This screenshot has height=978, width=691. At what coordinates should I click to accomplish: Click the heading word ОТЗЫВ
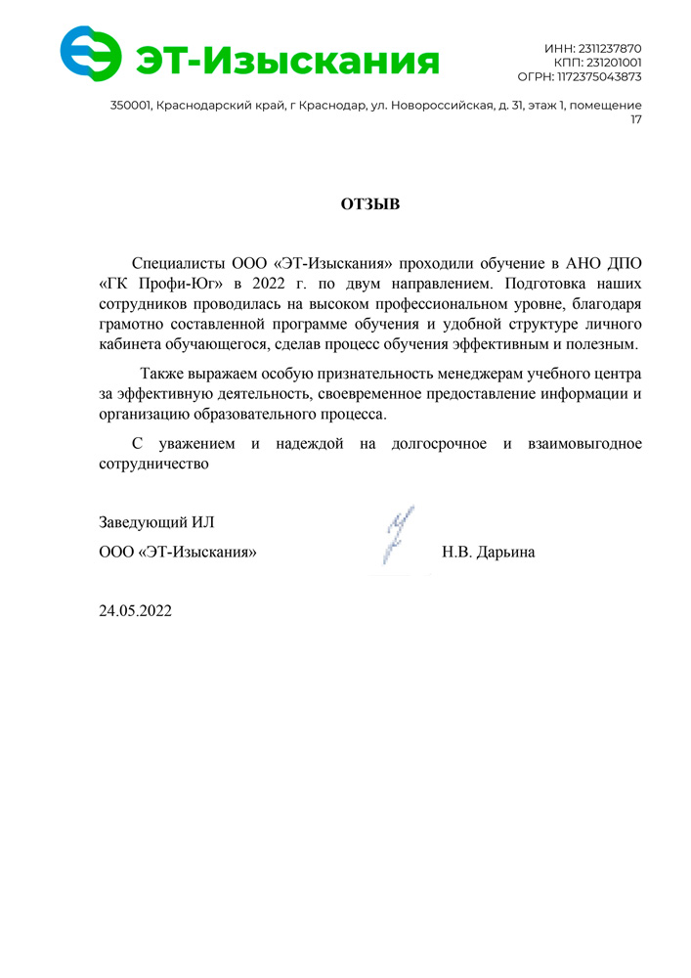tap(370, 204)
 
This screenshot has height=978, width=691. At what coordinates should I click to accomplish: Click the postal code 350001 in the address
tap(131, 105)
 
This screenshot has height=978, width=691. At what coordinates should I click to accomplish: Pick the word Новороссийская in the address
tap(441, 105)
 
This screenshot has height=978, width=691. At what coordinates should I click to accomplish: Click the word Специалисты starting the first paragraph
tap(179, 264)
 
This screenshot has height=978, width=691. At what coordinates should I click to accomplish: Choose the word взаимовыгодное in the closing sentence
tap(585, 444)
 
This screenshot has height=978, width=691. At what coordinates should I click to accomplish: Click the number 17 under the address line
tap(635, 119)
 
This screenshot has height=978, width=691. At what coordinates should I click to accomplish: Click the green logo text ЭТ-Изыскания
tap(286, 61)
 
